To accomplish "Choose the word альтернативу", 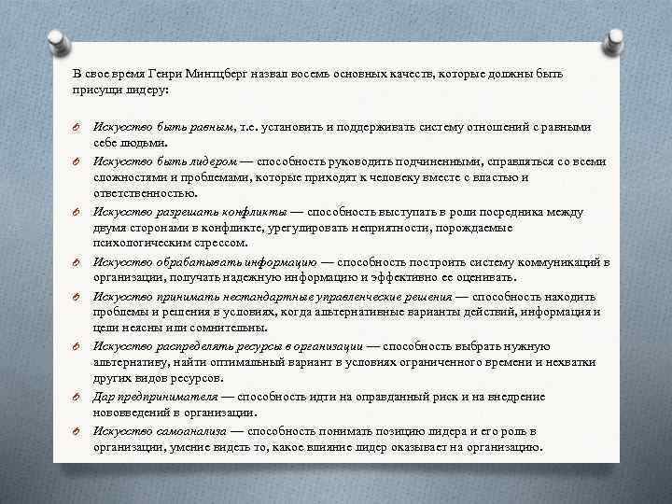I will (130, 361).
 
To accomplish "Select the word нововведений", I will (133, 412).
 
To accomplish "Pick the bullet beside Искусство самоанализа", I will (78, 431).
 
